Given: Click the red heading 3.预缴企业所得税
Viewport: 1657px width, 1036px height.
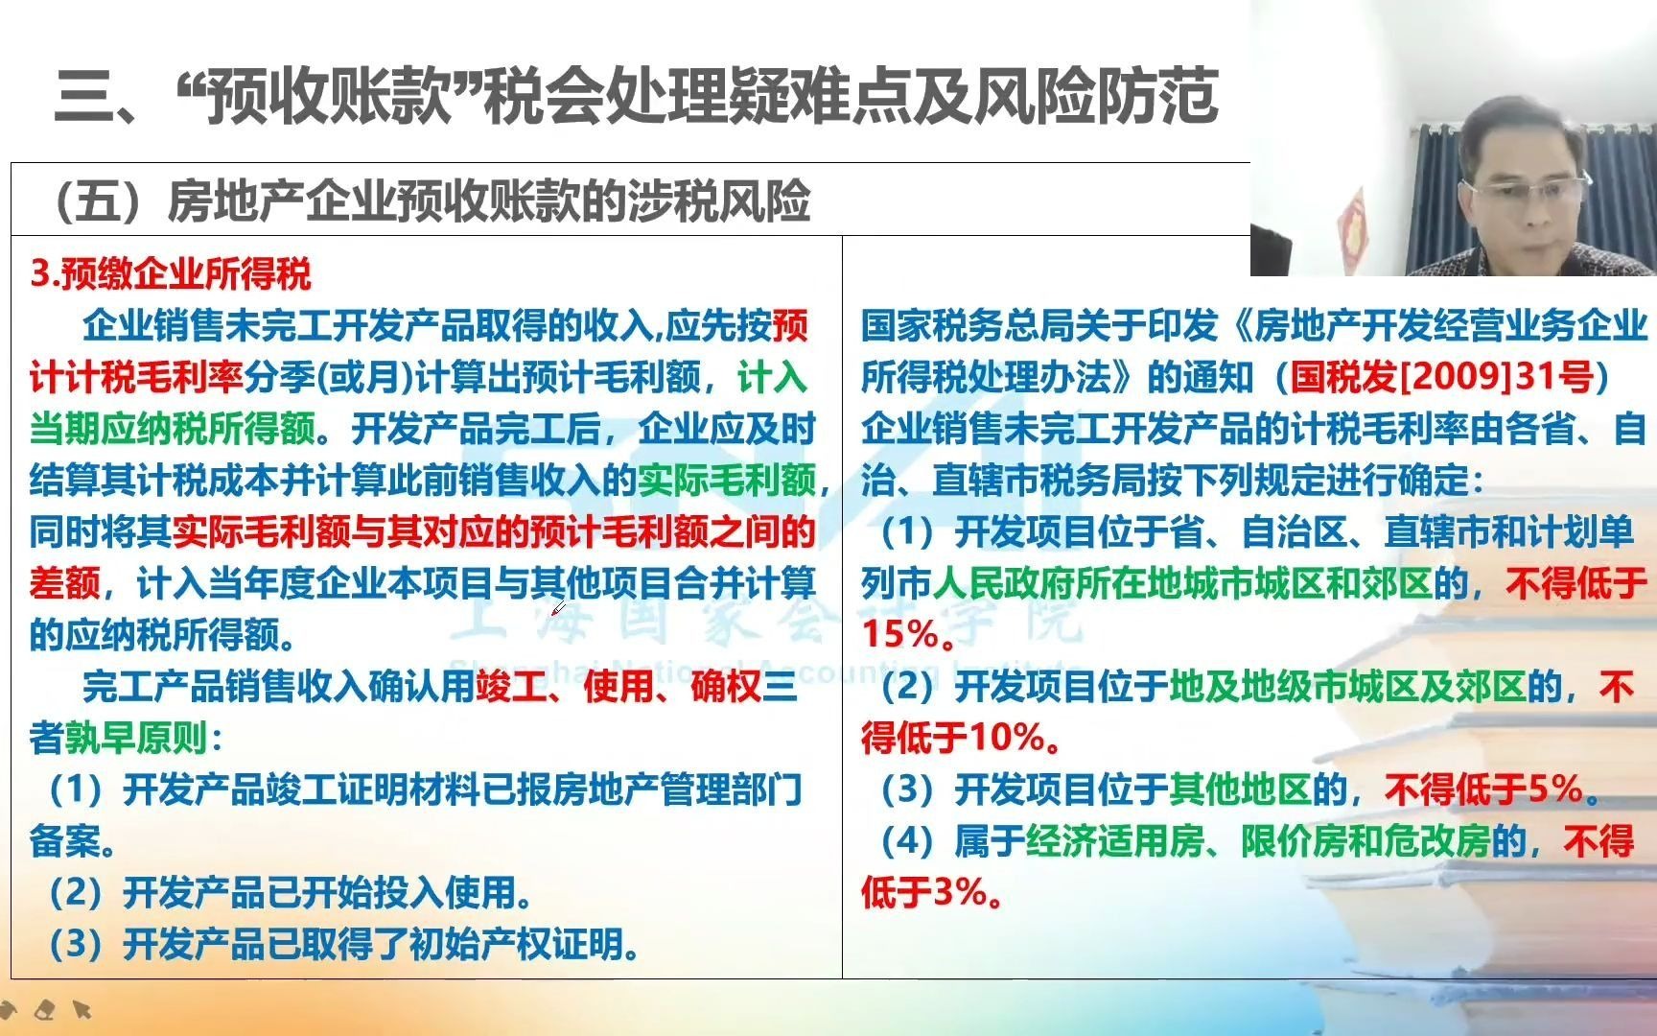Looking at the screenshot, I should tap(171, 274).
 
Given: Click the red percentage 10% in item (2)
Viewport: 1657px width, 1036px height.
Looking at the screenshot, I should tap(1007, 738).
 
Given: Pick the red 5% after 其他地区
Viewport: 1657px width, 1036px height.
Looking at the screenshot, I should tap(1554, 789).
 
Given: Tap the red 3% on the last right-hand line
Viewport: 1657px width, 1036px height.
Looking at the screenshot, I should tap(961, 893).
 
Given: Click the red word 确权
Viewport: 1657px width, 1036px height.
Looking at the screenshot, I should tap(725, 687).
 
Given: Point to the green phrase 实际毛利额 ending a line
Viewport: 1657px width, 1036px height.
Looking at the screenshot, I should tap(727, 480).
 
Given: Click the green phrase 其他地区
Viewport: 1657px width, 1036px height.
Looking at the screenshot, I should tap(1240, 789).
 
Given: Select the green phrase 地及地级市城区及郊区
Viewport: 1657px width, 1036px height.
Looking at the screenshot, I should tap(1347, 687).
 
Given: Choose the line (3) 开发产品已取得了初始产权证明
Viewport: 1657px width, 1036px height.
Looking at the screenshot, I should tap(345, 945).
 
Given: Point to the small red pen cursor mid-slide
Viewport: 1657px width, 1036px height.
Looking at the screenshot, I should tap(557, 608).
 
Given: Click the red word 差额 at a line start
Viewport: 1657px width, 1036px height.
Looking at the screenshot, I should tap(64, 583).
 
